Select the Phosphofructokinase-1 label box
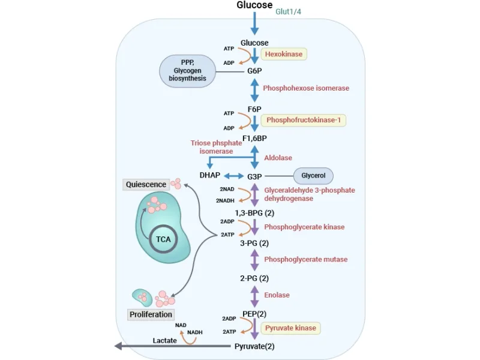click(303, 120)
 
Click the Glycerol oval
click(313, 176)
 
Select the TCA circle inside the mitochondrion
click(163, 239)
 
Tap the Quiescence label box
click(146, 184)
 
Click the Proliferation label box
click(151, 314)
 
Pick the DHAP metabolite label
click(209, 176)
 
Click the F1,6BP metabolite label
click(254, 139)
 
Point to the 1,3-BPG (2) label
click(254, 212)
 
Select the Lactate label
click(164, 340)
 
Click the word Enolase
click(277, 295)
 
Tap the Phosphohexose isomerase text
click(306, 88)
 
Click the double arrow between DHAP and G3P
click(233, 176)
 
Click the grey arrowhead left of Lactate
click(119, 346)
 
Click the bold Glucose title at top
click(254, 5)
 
